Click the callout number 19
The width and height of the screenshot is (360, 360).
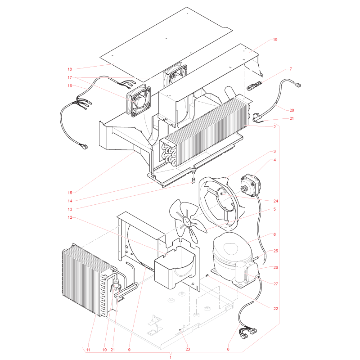click(x=275, y=40)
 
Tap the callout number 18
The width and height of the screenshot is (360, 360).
click(x=70, y=69)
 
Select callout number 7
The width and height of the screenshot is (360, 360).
click(x=291, y=69)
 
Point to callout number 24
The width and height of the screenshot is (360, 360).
click(x=276, y=201)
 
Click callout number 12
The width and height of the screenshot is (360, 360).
click(x=70, y=217)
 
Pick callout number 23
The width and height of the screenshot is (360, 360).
click(x=188, y=349)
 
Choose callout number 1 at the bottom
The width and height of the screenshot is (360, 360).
click(x=171, y=357)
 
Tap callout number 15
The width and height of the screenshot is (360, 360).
click(x=70, y=193)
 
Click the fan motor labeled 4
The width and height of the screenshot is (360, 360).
click(x=250, y=185)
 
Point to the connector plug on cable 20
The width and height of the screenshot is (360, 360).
click(x=298, y=85)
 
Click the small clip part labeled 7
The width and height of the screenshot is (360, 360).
click(x=254, y=85)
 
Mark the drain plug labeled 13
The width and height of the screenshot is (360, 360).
click(x=193, y=180)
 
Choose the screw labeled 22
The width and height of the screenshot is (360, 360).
click(x=207, y=275)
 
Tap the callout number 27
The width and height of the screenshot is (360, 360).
click(x=276, y=284)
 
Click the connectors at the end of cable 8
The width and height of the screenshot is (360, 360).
click(x=248, y=333)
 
